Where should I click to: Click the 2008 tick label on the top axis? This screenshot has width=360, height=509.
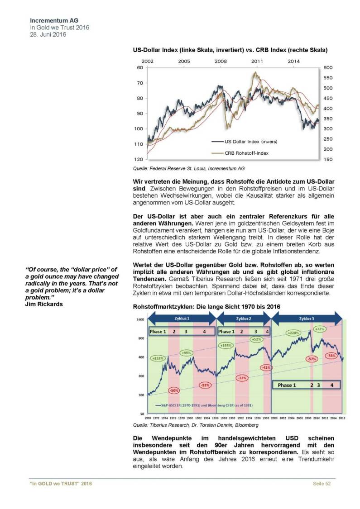pos(221,61)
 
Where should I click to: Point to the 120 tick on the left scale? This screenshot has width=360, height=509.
pos(139,160)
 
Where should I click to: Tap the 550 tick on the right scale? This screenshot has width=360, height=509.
pos(328,78)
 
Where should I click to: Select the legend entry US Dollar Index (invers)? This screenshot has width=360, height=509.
pos(250,142)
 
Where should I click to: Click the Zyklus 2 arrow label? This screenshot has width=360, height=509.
pos(244,319)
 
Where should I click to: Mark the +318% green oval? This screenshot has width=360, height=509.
pos(158,358)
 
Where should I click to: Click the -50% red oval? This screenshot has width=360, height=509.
pos(174,390)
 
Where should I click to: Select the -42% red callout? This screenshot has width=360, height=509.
pos(266,368)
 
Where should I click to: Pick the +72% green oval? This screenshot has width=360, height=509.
pos(320,329)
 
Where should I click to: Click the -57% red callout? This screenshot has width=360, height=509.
pos(311,358)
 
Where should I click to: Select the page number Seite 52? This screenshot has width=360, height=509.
pos(322,484)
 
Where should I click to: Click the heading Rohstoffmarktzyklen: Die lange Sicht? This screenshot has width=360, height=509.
pos(206,306)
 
